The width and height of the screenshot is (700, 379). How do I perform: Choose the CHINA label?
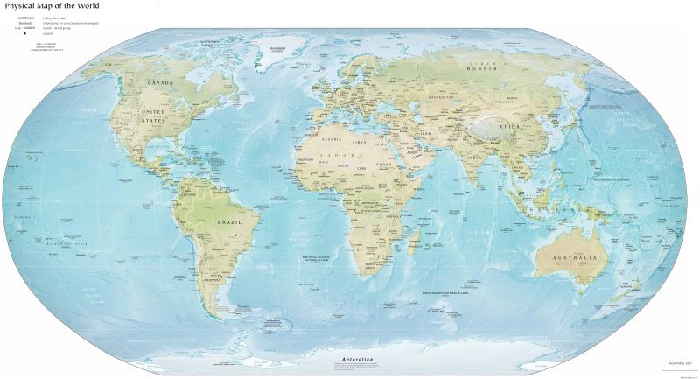510,127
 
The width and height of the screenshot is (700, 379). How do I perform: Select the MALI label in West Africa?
325,161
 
